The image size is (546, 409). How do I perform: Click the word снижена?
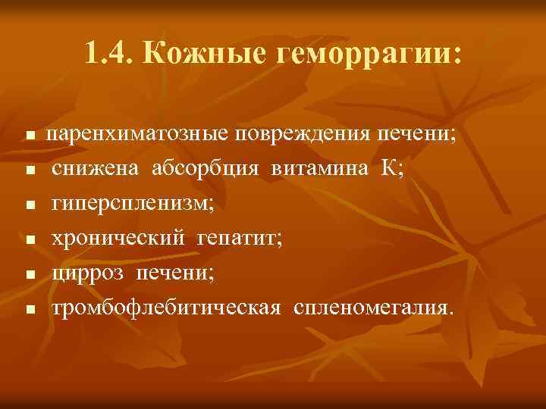coord(95,169)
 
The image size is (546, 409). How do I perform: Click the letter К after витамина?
coord(391,169)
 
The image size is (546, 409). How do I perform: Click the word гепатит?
coord(238,239)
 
